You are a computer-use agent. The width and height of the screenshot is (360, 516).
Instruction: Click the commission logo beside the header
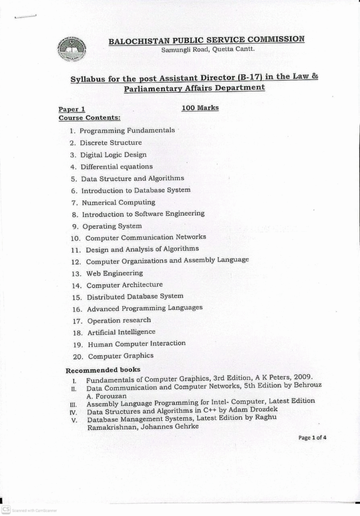click(71, 49)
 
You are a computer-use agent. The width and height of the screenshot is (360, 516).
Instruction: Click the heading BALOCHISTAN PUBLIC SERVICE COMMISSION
click(206, 40)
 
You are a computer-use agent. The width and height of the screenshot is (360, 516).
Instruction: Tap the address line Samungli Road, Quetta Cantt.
click(208, 49)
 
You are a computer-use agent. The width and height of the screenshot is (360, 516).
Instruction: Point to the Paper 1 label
click(71, 109)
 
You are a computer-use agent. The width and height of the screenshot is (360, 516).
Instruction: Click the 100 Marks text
click(200, 107)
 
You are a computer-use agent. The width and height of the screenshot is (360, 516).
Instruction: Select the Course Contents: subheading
click(89, 118)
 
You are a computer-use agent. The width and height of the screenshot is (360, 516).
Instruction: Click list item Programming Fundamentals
click(127, 131)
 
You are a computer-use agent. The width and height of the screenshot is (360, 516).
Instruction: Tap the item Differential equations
click(116, 167)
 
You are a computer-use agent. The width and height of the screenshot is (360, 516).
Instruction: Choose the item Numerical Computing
click(118, 203)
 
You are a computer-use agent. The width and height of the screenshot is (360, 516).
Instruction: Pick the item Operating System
click(112, 226)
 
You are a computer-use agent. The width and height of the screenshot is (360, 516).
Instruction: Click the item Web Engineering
click(114, 273)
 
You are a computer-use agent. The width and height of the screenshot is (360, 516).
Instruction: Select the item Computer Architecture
click(124, 285)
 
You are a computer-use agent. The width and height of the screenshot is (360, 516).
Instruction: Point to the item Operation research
click(119, 320)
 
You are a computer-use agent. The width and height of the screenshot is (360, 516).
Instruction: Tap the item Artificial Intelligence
click(121, 332)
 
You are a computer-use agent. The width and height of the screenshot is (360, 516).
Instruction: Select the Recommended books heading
click(103, 370)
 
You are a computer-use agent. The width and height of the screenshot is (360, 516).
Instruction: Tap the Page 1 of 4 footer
click(312, 437)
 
